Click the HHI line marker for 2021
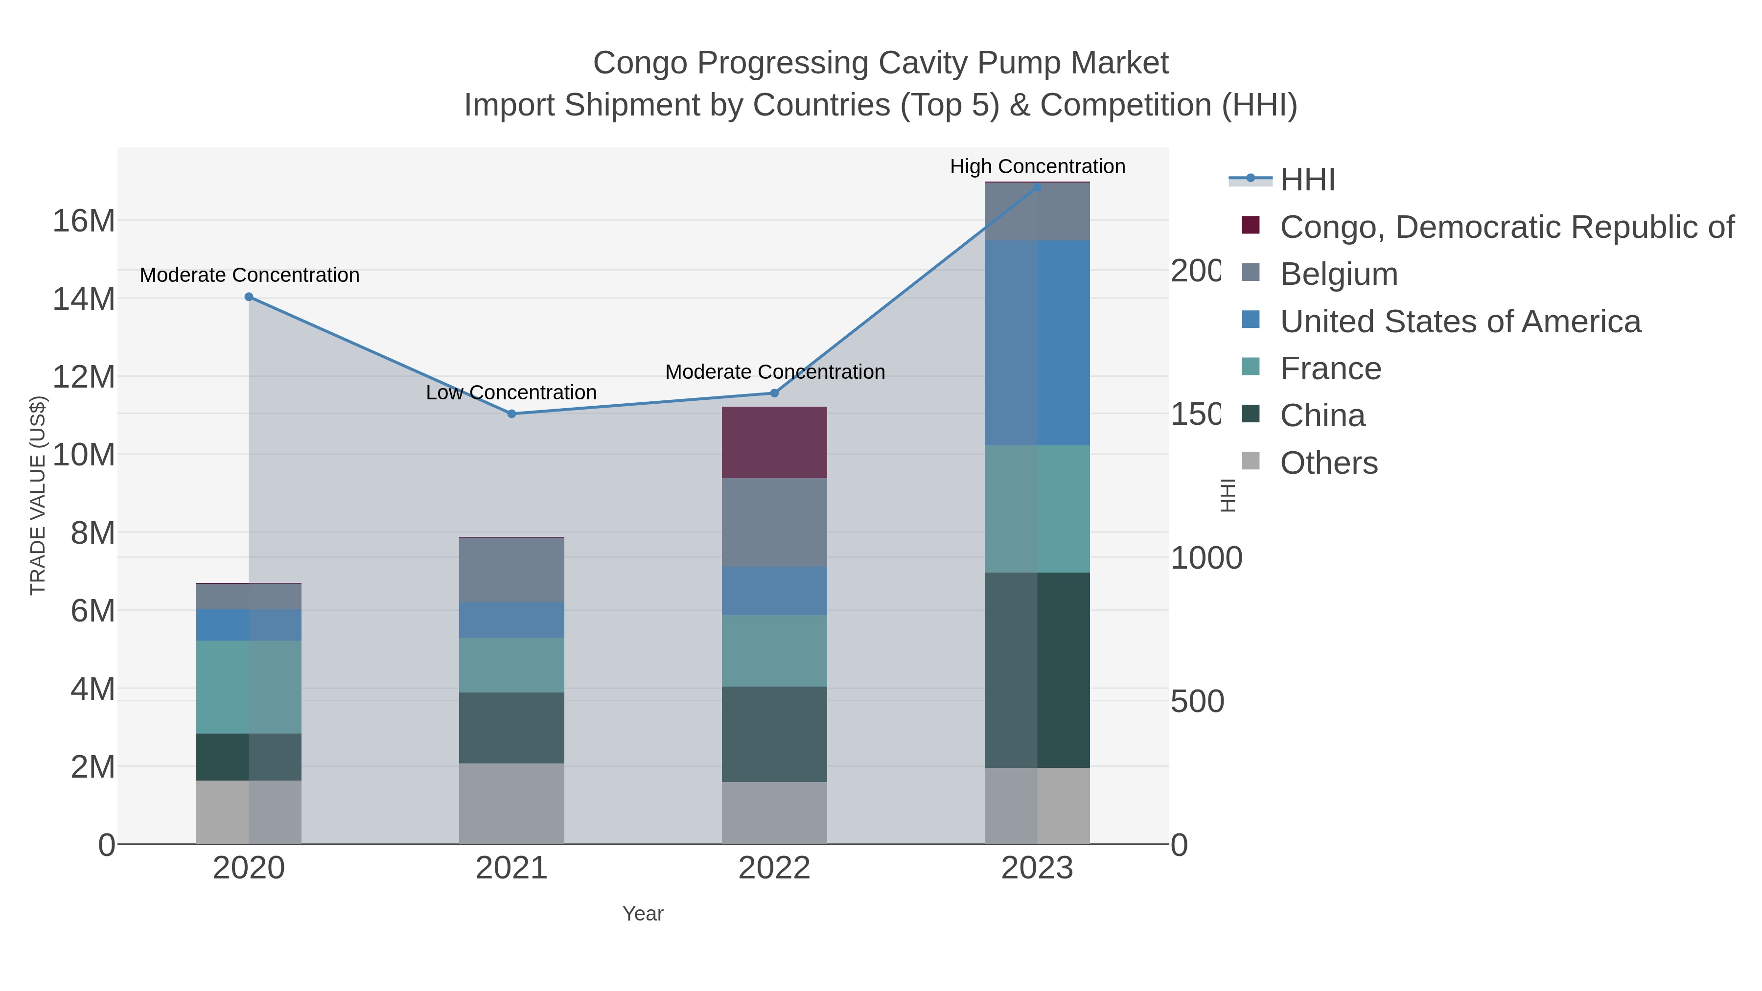(x=511, y=414)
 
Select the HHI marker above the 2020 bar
(x=249, y=297)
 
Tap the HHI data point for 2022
(x=774, y=393)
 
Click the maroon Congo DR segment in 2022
(x=774, y=442)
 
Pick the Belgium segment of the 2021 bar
(x=511, y=570)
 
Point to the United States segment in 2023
(x=1037, y=343)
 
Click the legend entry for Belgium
(x=1339, y=274)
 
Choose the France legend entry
(x=1330, y=369)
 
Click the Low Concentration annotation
(x=511, y=392)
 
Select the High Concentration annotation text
(x=1037, y=166)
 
